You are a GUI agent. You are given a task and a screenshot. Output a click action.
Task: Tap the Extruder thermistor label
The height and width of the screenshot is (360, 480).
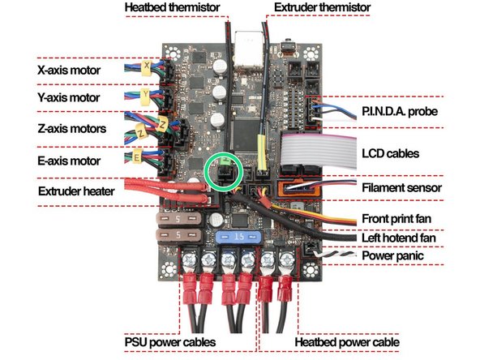point(324,8)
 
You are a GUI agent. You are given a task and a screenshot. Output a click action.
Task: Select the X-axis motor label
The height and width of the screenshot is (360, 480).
point(69,71)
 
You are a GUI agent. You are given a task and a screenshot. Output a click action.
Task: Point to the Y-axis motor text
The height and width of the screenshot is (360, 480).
point(69,98)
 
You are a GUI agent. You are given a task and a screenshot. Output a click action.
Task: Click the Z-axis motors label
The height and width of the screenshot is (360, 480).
point(71,129)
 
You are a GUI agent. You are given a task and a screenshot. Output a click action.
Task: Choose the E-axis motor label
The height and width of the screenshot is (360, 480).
point(69,159)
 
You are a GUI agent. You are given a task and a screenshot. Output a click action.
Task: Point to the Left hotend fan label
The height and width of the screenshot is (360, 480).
point(401,238)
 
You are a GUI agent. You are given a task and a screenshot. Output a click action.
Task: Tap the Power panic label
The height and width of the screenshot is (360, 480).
point(394,256)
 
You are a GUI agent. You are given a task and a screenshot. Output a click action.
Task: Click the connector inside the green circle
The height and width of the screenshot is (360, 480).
point(223,171)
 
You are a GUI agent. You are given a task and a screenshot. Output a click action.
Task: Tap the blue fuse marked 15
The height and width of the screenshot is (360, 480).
point(239,237)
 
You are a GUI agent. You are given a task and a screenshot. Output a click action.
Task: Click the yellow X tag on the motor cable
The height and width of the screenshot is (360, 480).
point(146,64)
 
